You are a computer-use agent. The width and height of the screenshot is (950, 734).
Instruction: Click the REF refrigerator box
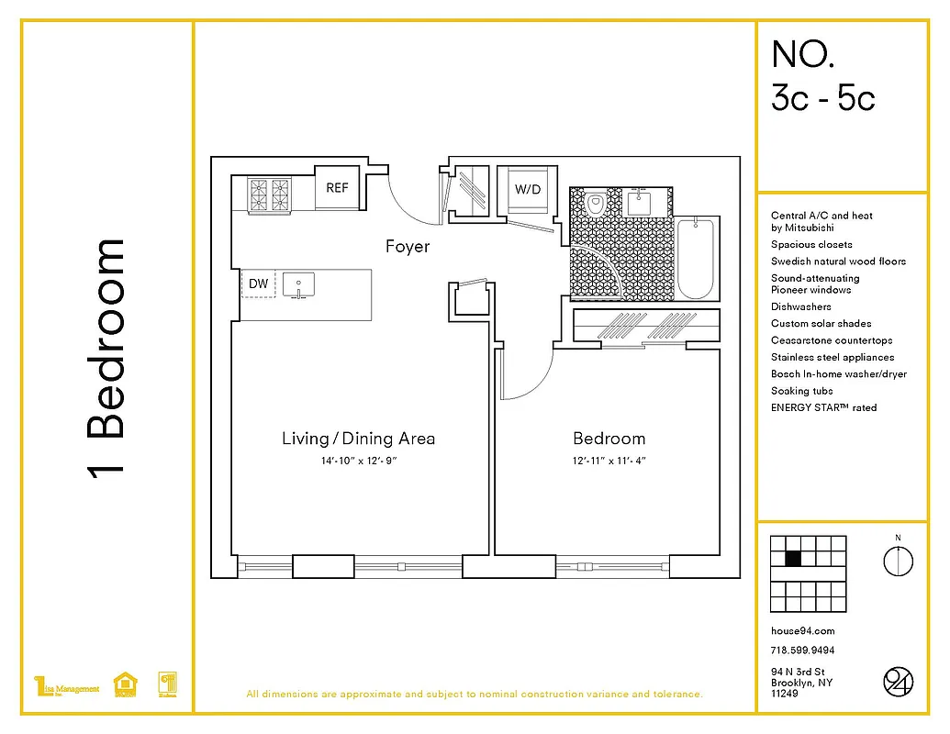337,187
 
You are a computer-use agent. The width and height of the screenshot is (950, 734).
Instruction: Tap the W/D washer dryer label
527,190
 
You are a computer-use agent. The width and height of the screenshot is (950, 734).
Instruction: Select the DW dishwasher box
259,284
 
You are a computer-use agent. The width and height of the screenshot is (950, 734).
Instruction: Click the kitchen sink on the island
298,285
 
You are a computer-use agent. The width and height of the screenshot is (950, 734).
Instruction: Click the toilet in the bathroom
596,203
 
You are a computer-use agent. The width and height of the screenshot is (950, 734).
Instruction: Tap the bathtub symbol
695,260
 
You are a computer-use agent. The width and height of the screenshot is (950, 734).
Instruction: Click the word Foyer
407,246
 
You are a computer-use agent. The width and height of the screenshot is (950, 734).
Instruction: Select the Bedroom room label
609,438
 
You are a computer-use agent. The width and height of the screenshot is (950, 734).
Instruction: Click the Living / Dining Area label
358,438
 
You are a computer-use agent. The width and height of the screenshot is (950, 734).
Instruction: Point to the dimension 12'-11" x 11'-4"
609,461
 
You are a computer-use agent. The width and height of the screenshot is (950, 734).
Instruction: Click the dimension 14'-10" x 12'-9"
358,461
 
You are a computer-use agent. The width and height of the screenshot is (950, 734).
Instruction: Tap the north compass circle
898,561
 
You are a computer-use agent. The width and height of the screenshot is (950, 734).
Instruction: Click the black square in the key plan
793,558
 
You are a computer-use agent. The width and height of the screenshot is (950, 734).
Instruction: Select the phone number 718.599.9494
802,651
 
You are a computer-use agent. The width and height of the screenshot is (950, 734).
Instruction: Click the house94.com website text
802,631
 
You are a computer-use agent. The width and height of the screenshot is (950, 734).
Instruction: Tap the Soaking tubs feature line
802,391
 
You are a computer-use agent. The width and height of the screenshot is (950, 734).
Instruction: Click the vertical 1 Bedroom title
105,358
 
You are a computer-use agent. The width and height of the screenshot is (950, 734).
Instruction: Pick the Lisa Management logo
66,687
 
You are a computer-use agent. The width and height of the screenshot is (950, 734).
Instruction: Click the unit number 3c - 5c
822,96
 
